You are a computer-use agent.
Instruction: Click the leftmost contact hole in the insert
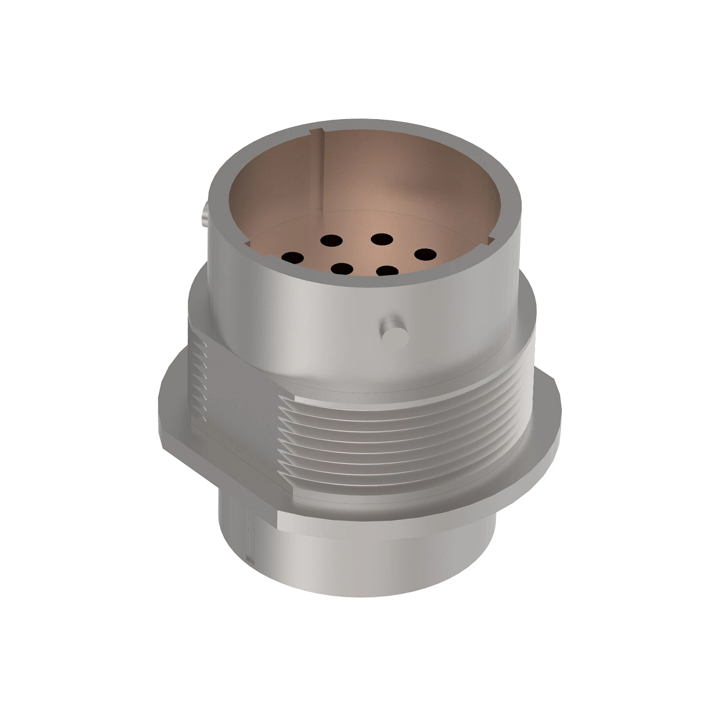click(293, 258)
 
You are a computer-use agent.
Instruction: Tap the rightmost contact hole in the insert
click(424, 255)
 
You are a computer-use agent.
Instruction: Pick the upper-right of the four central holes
click(381, 239)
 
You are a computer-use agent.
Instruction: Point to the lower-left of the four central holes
click(342, 269)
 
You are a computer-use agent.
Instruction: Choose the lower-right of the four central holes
click(388, 271)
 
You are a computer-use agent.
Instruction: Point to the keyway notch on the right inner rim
click(490, 241)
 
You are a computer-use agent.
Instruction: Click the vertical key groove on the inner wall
click(323, 174)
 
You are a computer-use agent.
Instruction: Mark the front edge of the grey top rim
click(361, 283)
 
